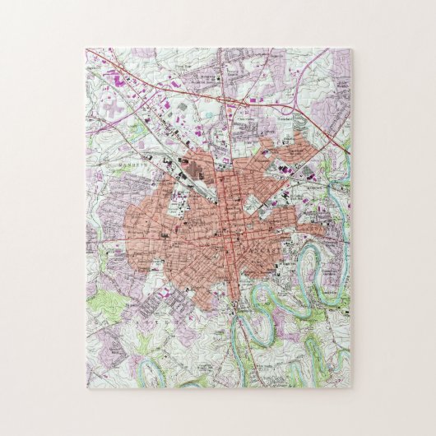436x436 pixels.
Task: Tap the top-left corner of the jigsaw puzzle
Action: pyautogui.click(x=86, y=49)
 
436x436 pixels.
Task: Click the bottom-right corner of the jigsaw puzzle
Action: pyautogui.click(x=350, y=388)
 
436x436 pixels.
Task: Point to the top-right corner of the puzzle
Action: pyautogui.click(x=350, y=49)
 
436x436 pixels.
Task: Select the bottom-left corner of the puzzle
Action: pyautogui.click(x=86, y=388)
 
